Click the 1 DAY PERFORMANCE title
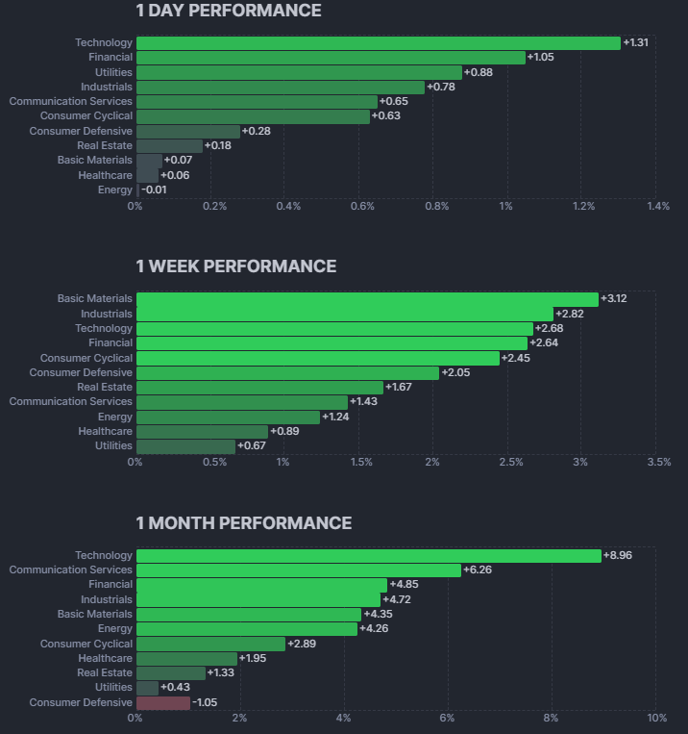[x=229, y=12]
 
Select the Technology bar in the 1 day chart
[x=378, y=43]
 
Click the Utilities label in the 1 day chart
[x=113, y=72]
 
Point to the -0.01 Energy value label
[x=154, y=190]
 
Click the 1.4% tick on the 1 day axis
[x=658, y=206]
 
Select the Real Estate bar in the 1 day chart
[x=169, y=146]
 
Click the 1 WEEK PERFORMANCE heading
[x=236, y=266]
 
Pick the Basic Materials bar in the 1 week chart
[x=366, y=299]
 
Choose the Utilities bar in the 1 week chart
[x=185, y=445]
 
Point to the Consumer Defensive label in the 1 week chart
[x=81, y=372]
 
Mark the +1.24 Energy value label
[x=335, y=417]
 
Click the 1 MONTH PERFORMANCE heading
[x=244, y=523]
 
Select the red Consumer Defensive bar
[x=163, y=702]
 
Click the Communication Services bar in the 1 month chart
[x=298, y=570]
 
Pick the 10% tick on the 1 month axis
[x=657, y=718]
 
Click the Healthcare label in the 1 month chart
[x=106, y=658]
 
